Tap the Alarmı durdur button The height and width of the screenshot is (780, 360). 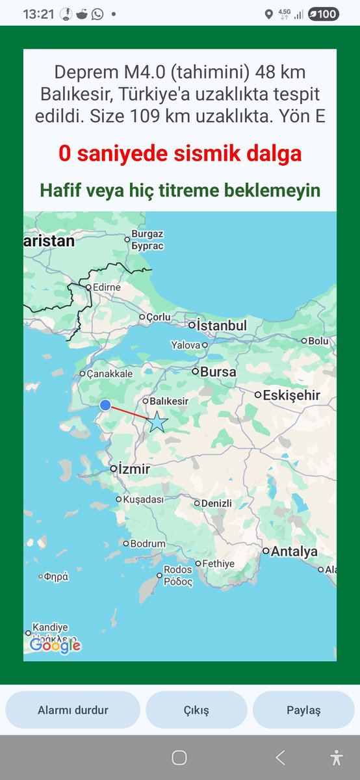(73, 710)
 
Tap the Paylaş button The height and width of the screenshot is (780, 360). (303, 710)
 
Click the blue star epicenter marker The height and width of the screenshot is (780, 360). (157, 422)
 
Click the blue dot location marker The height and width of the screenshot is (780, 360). (105, 405)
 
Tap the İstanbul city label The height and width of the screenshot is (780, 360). (222, 325)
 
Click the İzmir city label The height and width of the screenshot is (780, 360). (134, 469)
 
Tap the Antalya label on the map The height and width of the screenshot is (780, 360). (294, 551)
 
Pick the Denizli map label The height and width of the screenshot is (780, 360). (216, 503)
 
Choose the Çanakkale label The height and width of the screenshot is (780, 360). (110, 374)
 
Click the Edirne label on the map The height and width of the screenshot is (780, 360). (107, 287)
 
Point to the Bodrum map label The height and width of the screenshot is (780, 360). (148, 543)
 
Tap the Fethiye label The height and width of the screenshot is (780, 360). (218, 564)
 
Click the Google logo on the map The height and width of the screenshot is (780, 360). (55, 645)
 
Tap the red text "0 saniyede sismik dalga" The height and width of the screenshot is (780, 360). (180, 155)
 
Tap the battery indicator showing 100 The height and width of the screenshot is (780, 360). (323, 14)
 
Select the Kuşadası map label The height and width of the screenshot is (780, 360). (144, 499)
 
